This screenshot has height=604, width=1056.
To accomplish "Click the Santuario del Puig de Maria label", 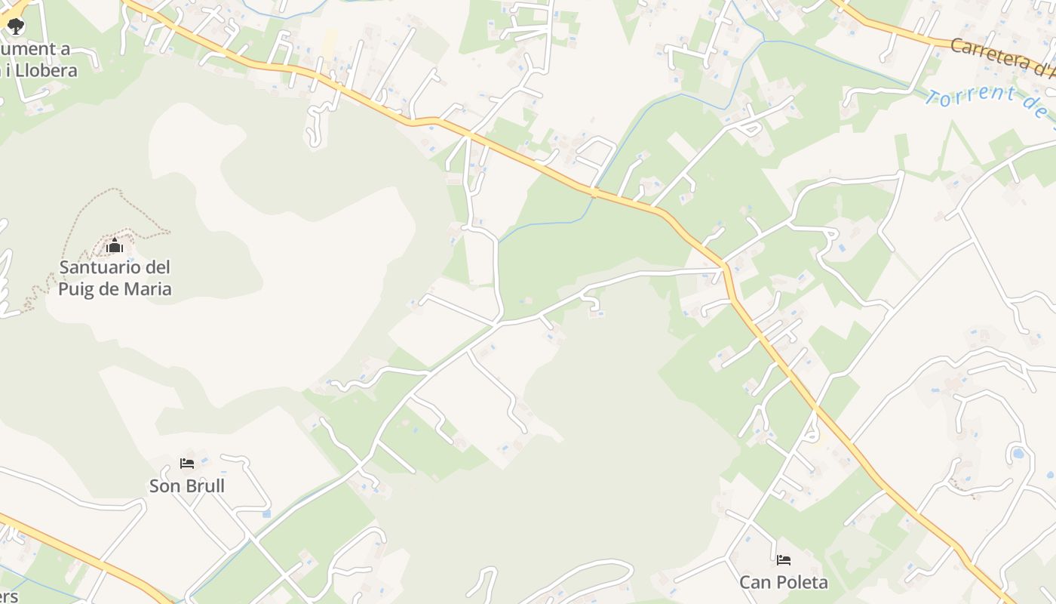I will [115, 278].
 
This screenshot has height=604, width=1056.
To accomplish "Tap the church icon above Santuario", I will [114, 245].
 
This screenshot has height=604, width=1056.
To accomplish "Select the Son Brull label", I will [186, 486].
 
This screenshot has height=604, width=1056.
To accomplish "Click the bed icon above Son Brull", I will [186, 463].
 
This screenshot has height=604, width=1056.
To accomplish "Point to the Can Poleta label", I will [783, 583].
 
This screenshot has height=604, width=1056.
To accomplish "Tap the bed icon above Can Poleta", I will [784, 560].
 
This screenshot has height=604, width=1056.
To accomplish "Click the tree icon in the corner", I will [16, 26].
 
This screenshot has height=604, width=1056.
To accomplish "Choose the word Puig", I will [79, 289].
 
